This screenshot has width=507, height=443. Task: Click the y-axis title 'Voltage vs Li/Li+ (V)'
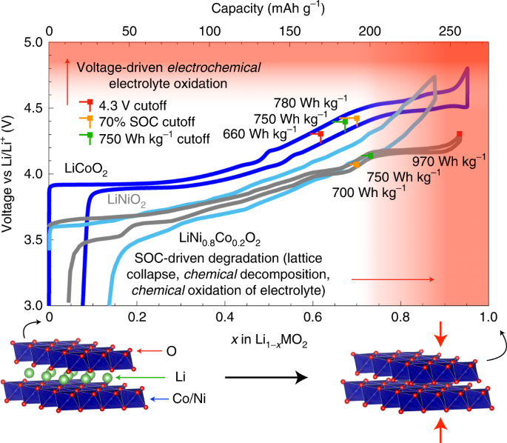(10, 173)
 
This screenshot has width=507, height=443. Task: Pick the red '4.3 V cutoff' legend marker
(88, 103)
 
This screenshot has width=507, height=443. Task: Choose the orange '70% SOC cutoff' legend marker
(88, 120)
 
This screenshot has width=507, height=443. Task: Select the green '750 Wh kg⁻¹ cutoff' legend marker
(88, 137)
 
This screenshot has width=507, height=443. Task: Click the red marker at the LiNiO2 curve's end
(460, 135)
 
